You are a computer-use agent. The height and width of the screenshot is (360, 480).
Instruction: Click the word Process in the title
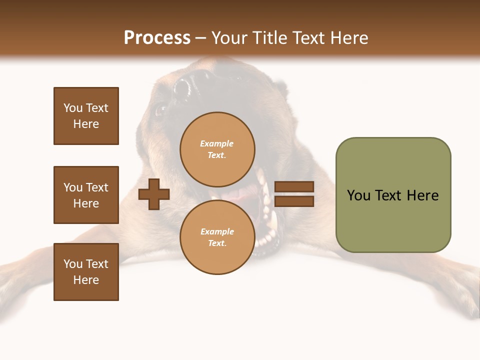(x=156, y=37)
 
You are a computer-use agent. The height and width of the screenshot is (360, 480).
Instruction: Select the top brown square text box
(x=86, y=116)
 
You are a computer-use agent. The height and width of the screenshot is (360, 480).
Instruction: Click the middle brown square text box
(x=86, y=195)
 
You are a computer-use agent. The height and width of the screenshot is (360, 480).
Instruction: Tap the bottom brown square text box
(x=86, y=272)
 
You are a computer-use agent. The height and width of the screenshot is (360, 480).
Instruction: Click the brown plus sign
(x=154, y=194)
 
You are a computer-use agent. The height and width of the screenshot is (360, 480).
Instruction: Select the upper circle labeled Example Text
(x=217, y=149)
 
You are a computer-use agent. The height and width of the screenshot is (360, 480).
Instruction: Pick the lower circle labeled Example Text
(x=217, y=237)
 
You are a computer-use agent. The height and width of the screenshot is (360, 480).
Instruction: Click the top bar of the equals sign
(x=294, y=187)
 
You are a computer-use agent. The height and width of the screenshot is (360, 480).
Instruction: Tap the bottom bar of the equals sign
(x=294, y=201)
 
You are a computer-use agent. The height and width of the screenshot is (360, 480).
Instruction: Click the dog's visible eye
(x=160, y=110)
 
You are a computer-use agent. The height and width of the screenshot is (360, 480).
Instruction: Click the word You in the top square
(x=73, y=108)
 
